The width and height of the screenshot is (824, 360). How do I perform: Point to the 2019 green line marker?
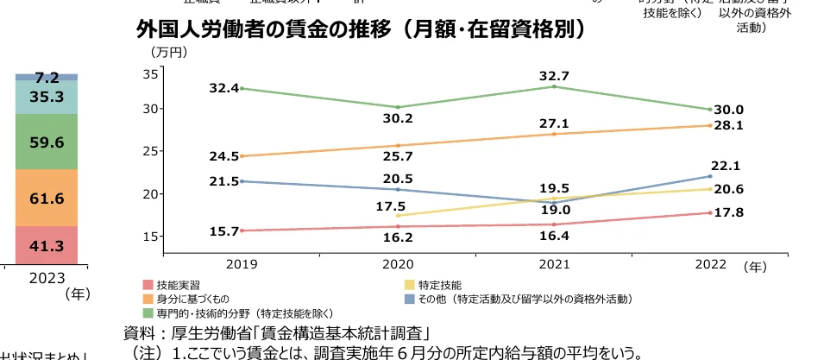click(x=241, y=88)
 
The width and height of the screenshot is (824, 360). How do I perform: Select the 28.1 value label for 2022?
click(x=728, y=125)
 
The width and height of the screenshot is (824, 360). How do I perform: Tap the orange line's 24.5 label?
click(x=223, y=156)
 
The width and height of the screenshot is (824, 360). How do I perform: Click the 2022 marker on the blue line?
click(x=709, y=176)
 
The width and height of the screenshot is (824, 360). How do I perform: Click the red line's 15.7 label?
click(x=223, y=231)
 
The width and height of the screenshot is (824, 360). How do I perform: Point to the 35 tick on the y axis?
click(x=149, y=74)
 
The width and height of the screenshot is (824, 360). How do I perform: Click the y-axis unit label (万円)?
click(x=168, y=53)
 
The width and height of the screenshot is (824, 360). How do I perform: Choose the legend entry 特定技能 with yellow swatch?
click(x=439, y=284)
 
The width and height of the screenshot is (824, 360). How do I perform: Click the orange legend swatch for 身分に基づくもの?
click(x=148, y=299)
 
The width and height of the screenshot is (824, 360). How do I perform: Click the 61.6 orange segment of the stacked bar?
click(x=47, y=199)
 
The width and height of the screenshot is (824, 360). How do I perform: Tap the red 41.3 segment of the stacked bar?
click(x=47, y=246)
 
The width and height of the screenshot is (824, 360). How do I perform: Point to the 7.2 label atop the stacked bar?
click(x=47, y=78)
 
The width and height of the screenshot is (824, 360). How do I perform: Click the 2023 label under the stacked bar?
click(x=47, y=279)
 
